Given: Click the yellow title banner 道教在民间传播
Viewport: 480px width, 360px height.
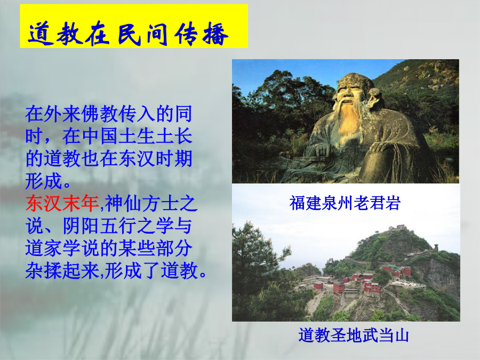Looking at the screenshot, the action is tap(134, 26).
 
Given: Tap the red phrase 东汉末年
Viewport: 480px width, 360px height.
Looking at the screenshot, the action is tap(62, 204).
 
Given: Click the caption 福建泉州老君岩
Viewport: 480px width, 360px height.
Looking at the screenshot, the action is tap(345, 203).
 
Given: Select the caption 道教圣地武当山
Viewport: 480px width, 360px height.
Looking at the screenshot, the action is tap(354, 335).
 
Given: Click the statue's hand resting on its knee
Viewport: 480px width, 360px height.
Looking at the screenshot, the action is tap(382, 148).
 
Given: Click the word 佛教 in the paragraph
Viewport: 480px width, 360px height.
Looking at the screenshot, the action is tap(99, 114).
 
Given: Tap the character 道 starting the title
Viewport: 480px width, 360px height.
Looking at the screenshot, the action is tap(41, 34).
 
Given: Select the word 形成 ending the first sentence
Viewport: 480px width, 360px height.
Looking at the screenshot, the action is tap(44, 181).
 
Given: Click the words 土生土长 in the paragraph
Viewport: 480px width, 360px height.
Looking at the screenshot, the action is tap(155, 136).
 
